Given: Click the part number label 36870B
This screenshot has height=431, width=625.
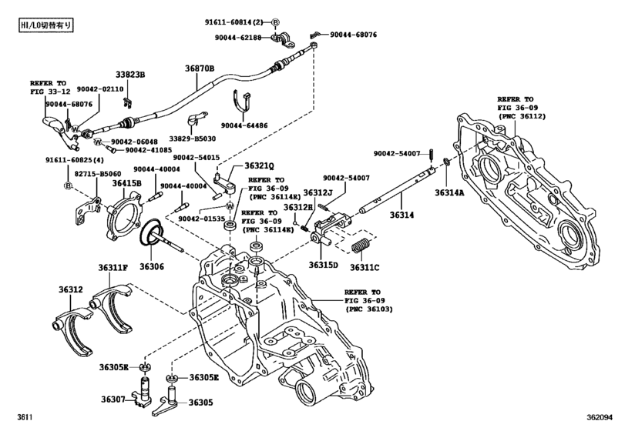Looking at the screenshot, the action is tap(200, 68).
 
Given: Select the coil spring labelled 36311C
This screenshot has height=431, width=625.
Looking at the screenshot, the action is tap(361, 246).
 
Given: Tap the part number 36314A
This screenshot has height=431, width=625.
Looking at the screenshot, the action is tap(449, 192).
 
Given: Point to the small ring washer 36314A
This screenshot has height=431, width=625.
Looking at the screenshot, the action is tap(446, 162).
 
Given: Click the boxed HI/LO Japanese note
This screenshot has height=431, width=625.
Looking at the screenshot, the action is tap(46, 25).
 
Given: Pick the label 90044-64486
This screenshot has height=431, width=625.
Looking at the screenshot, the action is tap(244, 125).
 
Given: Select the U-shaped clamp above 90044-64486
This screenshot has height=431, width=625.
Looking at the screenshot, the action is tap(241, 103).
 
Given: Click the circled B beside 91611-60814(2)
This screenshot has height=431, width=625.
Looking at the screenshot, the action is tap(275, 22).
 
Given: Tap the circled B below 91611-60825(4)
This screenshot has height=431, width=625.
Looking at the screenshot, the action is tap(68, 185).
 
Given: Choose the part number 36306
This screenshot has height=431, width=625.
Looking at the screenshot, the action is tap(152, 266).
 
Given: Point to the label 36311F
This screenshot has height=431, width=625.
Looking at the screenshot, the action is tap(113, 267).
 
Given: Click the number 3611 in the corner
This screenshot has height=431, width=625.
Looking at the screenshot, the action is tap(25, 417).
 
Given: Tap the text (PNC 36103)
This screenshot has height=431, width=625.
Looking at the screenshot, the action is tap(369, 309).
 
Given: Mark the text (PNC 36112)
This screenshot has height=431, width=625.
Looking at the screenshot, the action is tap(522, 116).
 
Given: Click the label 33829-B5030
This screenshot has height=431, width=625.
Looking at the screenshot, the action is tap(193, 139).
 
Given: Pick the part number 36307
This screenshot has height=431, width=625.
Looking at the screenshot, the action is tap(113, 399).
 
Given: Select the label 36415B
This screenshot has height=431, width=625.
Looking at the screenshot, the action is tap(126, 182).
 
